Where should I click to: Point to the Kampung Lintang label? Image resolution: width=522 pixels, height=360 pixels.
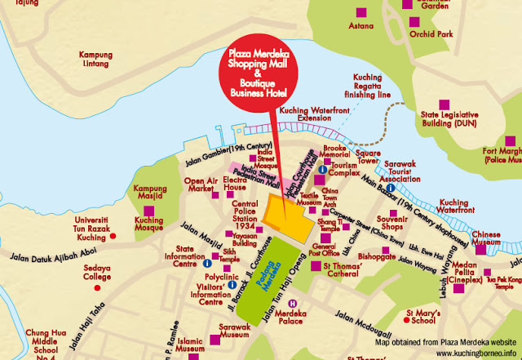pyautogui.click(x=95, y=60)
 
